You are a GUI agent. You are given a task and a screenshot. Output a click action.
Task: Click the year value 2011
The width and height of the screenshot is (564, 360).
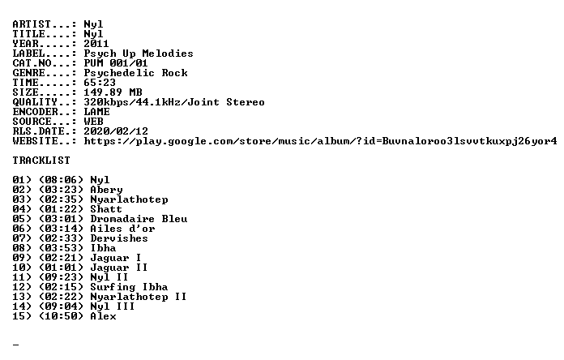pyautogui.click(x=96, y=44)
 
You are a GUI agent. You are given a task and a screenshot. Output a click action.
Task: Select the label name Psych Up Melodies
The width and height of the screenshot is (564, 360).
pyautogui.click(x=139, y=54)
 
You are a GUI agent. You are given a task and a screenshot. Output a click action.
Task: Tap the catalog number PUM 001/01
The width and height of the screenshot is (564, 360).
pyautogui.click(x=116, y=63)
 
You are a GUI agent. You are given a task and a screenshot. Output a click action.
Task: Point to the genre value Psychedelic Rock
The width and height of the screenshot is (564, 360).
pyautogui.click(x=135, y=73)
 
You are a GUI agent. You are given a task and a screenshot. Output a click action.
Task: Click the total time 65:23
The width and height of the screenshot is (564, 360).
pyautogui.click(x=100, y=83)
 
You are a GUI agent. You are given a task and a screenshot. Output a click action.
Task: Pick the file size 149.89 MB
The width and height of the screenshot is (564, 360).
pyautogui.click(x=113, y=92)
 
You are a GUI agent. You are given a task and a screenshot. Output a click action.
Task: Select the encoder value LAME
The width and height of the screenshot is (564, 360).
pyautogui.click(x=96, y=112)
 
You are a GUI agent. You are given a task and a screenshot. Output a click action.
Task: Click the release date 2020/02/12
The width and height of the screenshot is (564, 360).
pyautogui.click(x=116, y=131)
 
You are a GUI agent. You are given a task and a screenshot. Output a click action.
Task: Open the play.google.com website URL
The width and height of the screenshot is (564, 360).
pyautogui.click(x=320, y=141)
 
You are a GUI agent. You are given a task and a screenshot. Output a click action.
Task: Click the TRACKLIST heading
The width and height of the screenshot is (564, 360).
pyautogui.click(x=41, y=161)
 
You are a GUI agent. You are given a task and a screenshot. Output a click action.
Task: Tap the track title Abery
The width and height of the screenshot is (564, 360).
pyautogui.click(x=106, y=190)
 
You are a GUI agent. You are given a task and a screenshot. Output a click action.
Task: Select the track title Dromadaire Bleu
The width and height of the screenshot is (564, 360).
pyautogui.click(x=139, y=219)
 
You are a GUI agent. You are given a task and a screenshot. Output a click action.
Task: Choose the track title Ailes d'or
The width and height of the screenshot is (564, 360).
pyautogui.click(x=122, y=229)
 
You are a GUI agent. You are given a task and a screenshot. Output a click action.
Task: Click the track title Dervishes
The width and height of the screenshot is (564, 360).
pyautogui.click(x=119, y=238)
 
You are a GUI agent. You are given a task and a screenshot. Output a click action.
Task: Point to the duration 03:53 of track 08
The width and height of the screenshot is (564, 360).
pyautogui.click(x=61, y=248)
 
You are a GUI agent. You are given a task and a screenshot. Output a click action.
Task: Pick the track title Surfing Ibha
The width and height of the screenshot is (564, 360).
pyautogui.click(x=129, y=287)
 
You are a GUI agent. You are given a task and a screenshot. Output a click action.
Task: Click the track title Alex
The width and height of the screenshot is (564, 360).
pyautogui.click(x=103, y=316)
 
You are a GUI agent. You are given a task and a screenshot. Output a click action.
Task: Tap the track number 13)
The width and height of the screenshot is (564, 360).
pyautogui.click(x=22, y=297)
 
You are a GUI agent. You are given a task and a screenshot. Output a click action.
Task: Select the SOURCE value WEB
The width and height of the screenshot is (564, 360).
pyautogui.click(x=93, y=122)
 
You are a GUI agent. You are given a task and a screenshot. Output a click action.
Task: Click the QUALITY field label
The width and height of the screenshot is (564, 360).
pyautogui.click(x=35, y=103)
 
